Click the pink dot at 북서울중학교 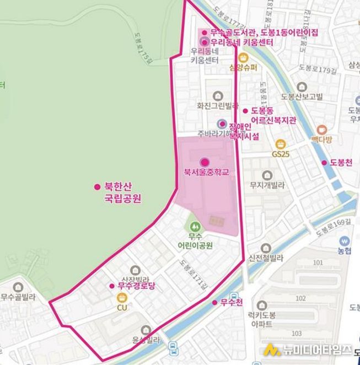(x=205, y=162)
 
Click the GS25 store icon (x=280, y=144)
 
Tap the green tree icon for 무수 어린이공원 (x=194, y=226)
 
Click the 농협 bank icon (x=345, y=241)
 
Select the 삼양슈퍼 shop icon (x=243, y=57)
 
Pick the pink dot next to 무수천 (x=215, y=302)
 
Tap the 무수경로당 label (x=135, y=286)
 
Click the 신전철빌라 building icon (x=266, y=248)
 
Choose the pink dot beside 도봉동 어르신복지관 (x=246, y=111)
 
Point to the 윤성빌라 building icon (x=146, y=330)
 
